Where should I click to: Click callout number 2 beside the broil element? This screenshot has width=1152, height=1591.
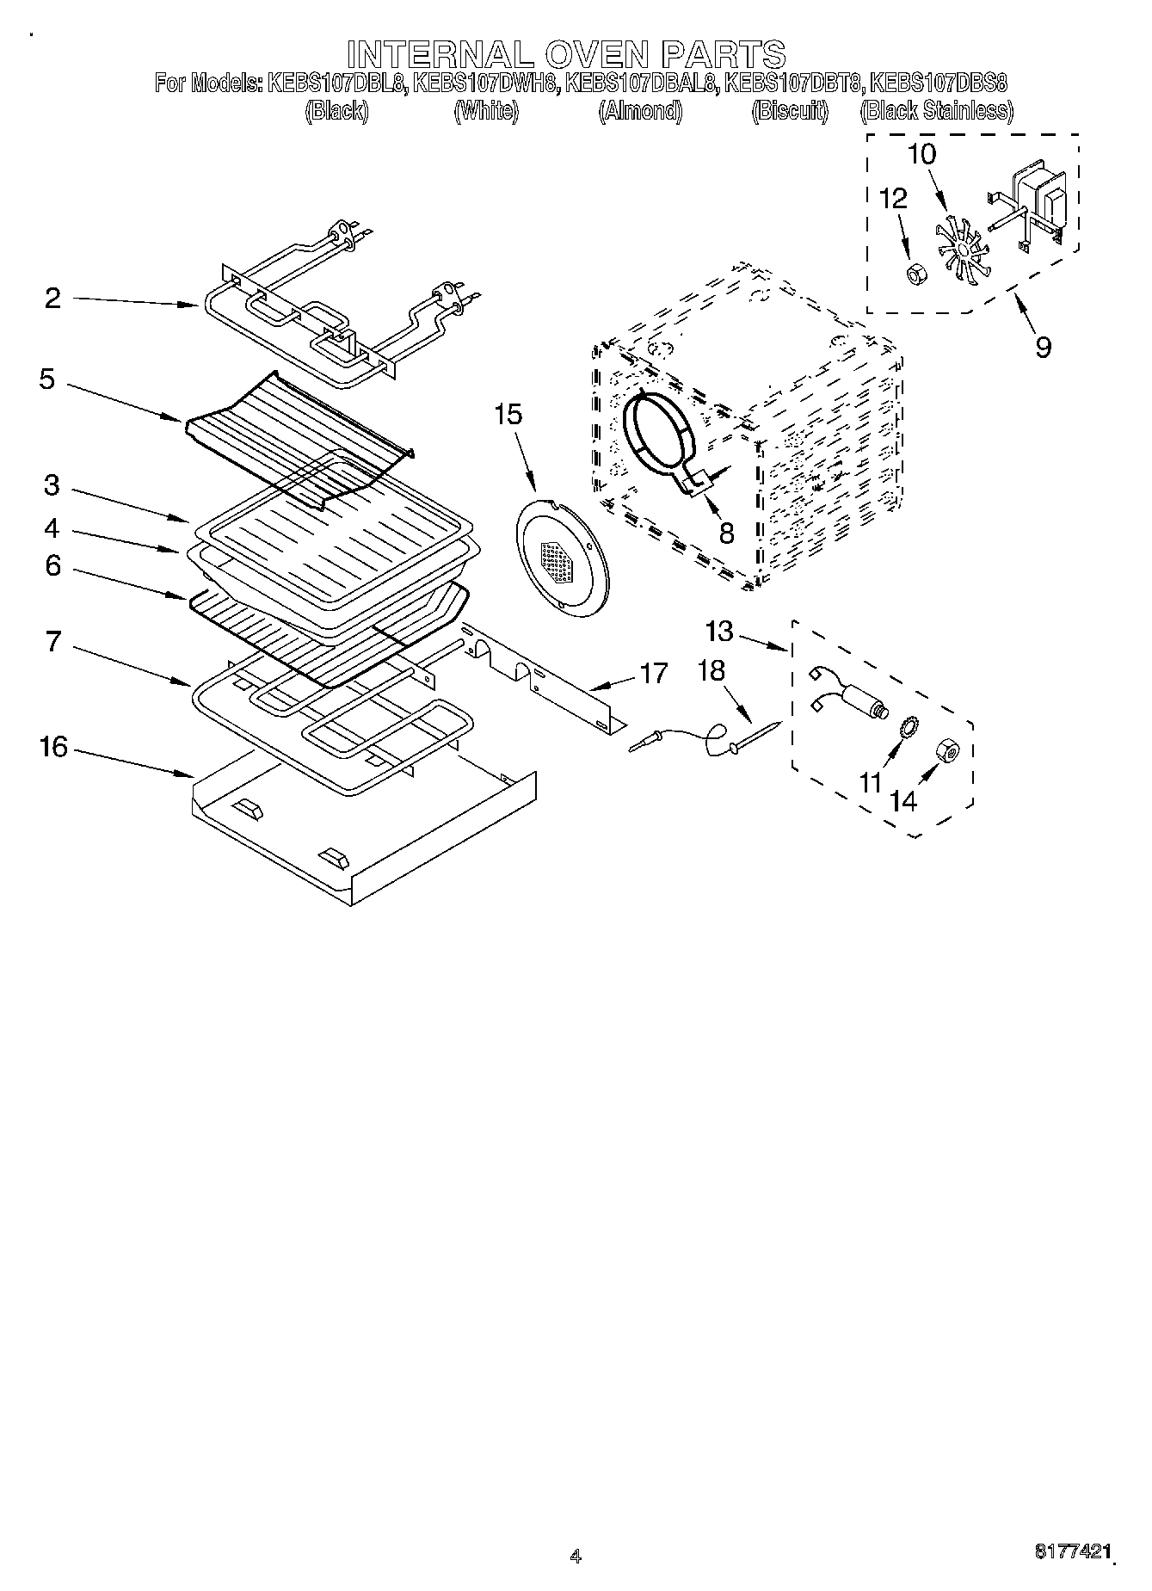pyautogui.click(x=53, y=299)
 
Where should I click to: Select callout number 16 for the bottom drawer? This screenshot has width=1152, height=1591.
pyautogui.click(x=53, y=747)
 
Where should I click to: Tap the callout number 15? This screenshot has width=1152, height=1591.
pyautogui.click(x=508, y=415)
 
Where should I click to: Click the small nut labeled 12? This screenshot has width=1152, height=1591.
pyautogui.click(x=915, y=274)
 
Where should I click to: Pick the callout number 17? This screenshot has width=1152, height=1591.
pyautogui.click(x=653, y=673)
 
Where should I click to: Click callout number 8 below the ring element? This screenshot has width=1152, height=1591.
pyautogui.click(x=726, y=533)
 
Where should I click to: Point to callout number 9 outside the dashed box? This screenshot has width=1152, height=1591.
pyautogui.click(x=1043, y=348)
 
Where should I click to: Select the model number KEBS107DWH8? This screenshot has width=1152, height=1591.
pyautogui.click(x=487, y=83)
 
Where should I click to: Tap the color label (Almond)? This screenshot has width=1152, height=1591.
pyautogui.click(x=640, y=111)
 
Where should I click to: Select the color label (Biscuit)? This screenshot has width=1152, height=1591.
pyautogui.click(x=790, y=111)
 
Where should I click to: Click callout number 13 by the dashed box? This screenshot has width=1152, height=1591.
pyautogui.click(x=718, y=632)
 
